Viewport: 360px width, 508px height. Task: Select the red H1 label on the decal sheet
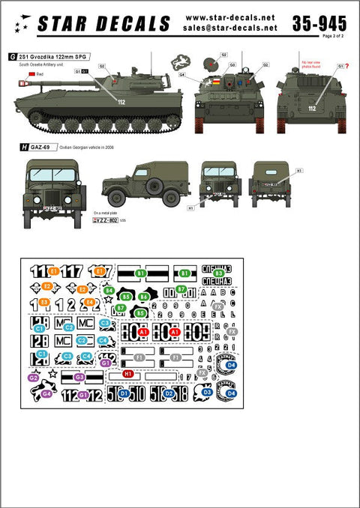coord(128,372)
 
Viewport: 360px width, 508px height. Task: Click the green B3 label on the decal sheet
coord(218,273)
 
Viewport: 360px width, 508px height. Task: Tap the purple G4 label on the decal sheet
coord(46,393)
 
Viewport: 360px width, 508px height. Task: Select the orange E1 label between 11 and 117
coord(54,270)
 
